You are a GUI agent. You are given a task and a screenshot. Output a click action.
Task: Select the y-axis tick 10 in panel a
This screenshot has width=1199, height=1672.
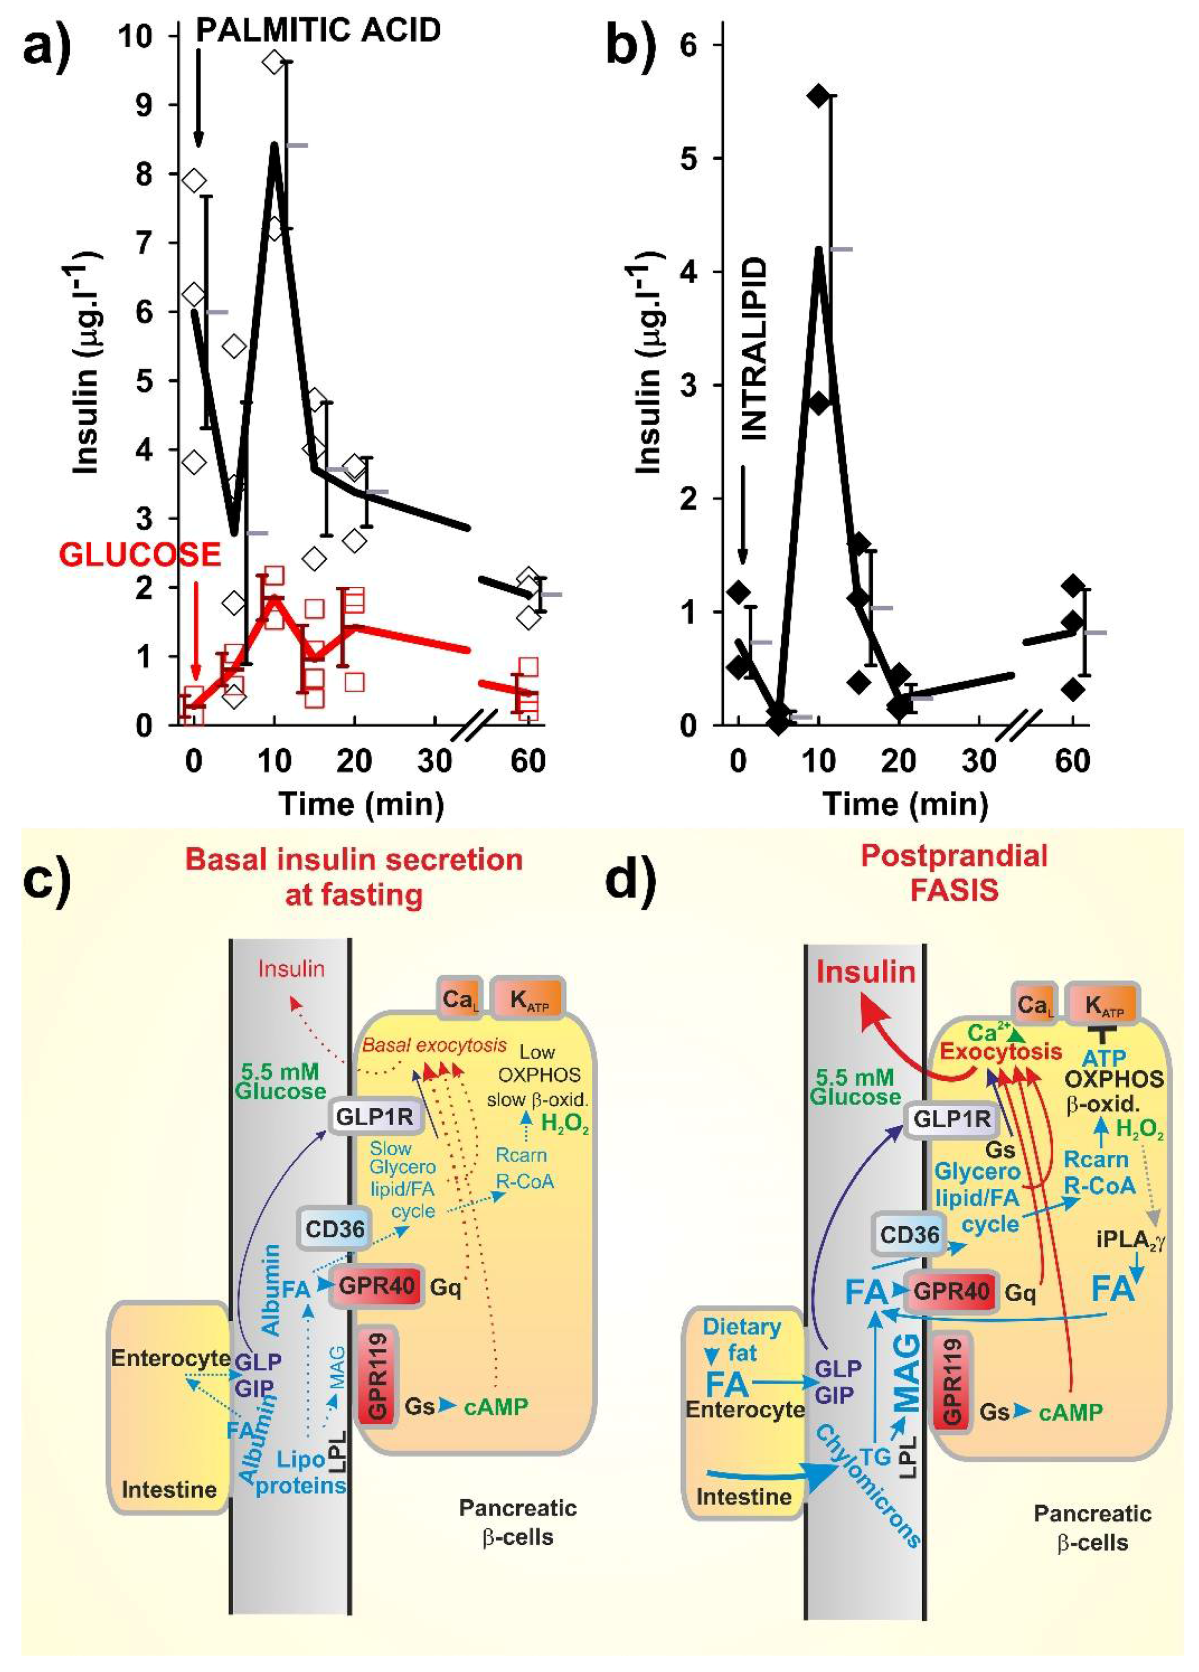pyautogui.click(x=135, y=35)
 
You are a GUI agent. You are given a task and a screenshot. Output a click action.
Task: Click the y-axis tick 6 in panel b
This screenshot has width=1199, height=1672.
pyautogui.click(x=688, y=45)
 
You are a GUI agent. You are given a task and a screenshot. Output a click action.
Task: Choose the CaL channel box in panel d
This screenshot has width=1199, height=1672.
pyautogui.click(x=1034, y=1005)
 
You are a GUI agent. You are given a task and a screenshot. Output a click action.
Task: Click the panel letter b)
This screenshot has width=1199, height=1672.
pyautogui.click(x=630, y=46)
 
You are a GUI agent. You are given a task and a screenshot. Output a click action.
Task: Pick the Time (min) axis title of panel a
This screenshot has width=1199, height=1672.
pyautogui.click(x=361, y=804)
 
